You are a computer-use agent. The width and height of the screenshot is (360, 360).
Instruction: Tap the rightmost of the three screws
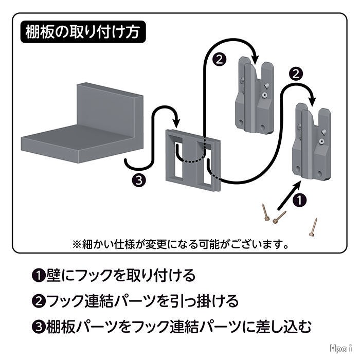(313, 226)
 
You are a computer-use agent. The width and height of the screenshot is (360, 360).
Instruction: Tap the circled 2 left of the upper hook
(219, 59)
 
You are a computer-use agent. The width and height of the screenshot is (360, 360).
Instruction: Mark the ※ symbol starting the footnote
(76, 242)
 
